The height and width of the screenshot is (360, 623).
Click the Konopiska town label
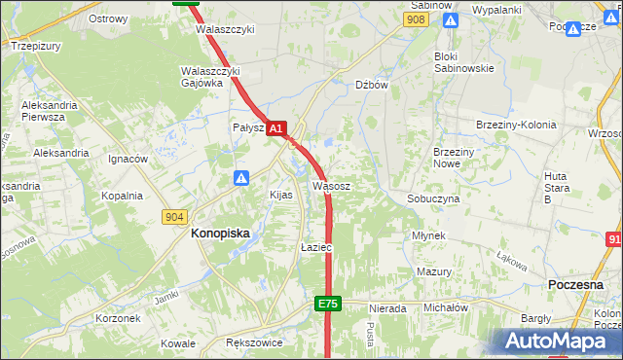[x=220, y=234]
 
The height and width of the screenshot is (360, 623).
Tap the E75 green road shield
[x=328, y=305]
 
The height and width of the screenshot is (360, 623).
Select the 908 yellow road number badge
[x=417, y=19]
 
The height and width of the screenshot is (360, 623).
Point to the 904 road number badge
[x=175, y=216]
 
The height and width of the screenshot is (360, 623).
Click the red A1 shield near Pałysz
[x=276, y=127]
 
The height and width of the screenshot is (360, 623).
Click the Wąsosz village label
[x=331, y=185]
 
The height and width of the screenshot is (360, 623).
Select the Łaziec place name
[x=316, y=248]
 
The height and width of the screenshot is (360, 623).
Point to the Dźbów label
[x=372, y=85]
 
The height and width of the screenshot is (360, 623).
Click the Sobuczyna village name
[x=433, y=198]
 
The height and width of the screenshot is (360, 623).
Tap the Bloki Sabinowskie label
[x=464, y=62]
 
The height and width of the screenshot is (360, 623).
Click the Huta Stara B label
[x=561, y=187]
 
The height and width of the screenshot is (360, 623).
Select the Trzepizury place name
[x=36, y=45]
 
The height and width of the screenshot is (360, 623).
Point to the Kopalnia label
[x=122, y=196]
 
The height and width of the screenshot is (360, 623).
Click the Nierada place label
[x=387, y=308]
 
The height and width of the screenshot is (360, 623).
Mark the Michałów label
[x=446, y=306]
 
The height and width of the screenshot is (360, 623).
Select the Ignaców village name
[x=128, y=159]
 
